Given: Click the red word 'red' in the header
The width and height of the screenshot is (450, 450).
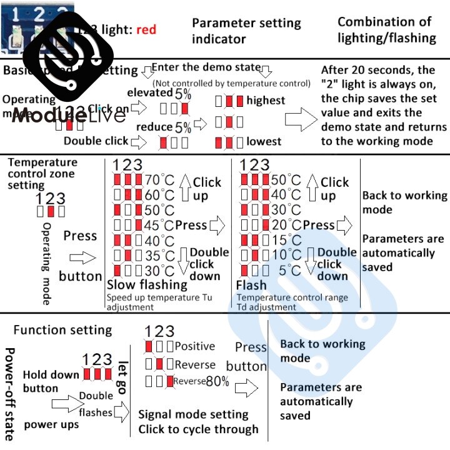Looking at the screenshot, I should tap(144, 29).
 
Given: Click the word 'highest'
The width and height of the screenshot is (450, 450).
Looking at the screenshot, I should tap(266, 100).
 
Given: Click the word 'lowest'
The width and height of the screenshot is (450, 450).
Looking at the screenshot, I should tap(264, 141).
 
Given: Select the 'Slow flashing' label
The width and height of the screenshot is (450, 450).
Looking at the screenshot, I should tap(147, 285).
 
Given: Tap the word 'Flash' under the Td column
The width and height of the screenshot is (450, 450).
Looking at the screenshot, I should tap(251, 285).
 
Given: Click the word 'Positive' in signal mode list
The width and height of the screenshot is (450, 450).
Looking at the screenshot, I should tap(194, 346).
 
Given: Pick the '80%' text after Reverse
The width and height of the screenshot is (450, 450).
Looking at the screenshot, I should tap(217, 381).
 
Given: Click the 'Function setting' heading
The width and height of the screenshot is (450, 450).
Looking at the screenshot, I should tap(62, 330).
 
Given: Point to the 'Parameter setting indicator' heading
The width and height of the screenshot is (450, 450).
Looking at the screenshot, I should tap(246, 31).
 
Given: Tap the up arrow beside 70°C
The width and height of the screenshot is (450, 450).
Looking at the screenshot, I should tap(184, 186).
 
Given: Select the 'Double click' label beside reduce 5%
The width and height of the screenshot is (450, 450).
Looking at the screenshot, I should tap(96, 141).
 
